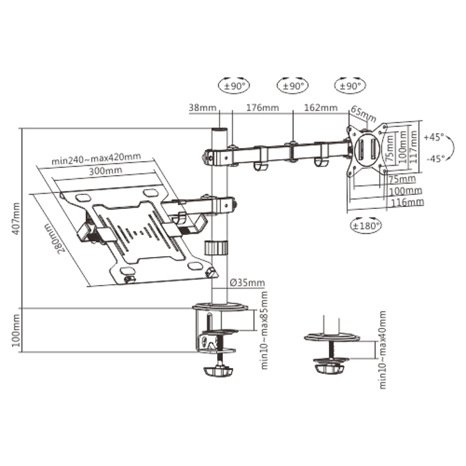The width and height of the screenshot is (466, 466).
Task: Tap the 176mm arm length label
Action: tap(262, 107)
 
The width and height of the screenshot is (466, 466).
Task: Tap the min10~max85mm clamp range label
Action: tap(264, 330)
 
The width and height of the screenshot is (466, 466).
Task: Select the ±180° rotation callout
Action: tap(365, 226)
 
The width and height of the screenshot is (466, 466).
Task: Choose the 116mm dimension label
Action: tap(405, 201)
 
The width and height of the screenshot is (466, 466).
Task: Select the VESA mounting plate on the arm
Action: tap(367, 148)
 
